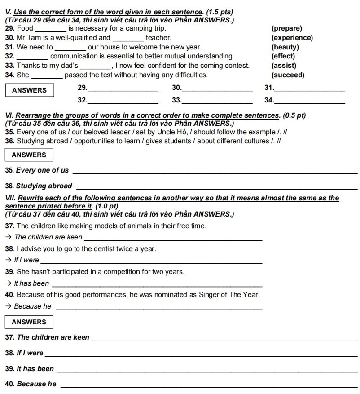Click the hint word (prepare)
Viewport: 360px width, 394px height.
[x=287, y=28]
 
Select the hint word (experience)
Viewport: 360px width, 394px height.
[x=292, y=38]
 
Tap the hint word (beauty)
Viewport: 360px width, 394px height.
[x=285, y=47]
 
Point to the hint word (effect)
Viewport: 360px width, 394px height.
[x=283, y=56]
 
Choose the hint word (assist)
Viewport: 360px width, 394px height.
[x=284, y=66]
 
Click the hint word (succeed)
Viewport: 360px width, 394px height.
[x=288, y=75]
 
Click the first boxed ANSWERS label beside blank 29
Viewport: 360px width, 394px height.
[x=29, y=90]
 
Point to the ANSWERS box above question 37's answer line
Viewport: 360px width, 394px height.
[x=29, y=322]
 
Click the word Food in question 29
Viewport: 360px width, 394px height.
[x=25, y=28]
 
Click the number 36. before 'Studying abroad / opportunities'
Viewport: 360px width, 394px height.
[x=9, y=141]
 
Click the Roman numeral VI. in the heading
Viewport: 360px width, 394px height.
[x=8, y=115]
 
